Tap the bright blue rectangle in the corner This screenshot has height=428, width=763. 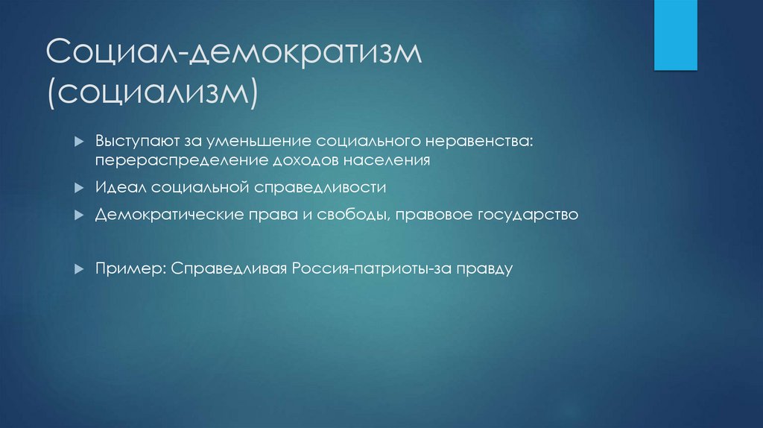(x=676, y=35)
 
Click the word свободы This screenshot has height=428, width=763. (x=349, y=215)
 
